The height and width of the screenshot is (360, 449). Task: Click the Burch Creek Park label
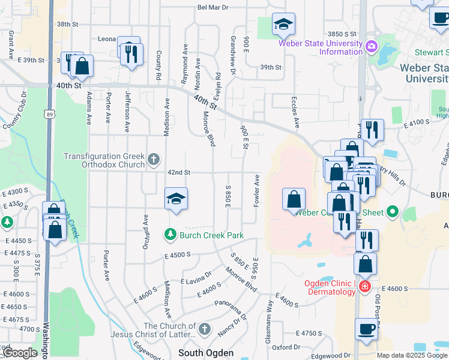tap(211, 235)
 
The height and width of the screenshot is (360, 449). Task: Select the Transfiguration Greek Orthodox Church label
tap(105, 160)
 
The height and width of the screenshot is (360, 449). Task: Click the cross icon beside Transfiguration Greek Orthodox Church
tap(154, 160)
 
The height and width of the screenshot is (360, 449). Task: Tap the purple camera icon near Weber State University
tap(371, 47)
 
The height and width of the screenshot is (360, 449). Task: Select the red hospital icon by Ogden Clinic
tap(364, 287)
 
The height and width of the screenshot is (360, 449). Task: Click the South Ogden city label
tap(205, 352)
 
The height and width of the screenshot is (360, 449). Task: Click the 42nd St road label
tap(179, 173)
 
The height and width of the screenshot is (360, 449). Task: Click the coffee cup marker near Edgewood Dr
tap(366, 329)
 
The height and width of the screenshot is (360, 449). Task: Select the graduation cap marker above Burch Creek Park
tap(176, 199)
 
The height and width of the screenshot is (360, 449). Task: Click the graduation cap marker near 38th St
tap(283, 25)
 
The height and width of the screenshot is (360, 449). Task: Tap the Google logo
tap(20, 353)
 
